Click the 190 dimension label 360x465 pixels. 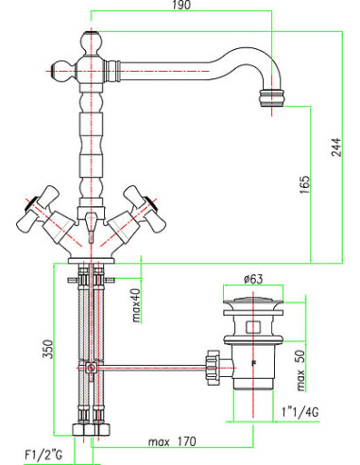coord(181,5)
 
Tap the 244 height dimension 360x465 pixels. coord(336,146)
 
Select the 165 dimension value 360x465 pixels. coord(304,184)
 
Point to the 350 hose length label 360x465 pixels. coord(48,349)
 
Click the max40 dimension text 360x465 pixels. coord(136,305)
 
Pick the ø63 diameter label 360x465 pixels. coord(253,279)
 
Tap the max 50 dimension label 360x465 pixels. coord(301,370)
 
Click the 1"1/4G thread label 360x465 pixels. coord(300,412)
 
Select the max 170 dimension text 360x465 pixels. coord(172,441)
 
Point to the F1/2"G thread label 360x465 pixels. coord(43,455)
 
